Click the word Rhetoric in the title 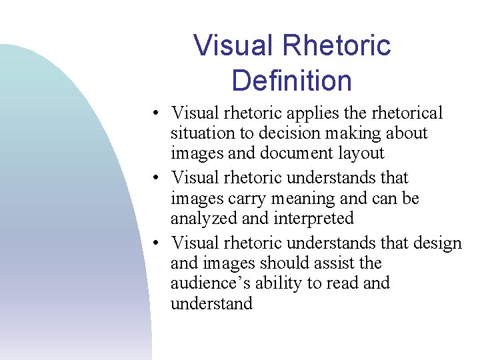pyautogui.click(x=337, y=46)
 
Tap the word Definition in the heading pyautogui.click(x=292, y=81)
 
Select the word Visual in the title pyautogui.click(x=233, y=46)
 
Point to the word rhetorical pyautogui.click(x=405, y=113)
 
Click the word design pyautogui.click(x=437, y=243)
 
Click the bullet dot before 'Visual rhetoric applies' pyautogui.click(x=155, y=114)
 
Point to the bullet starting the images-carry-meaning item pyautogui.click(x=155, y=179)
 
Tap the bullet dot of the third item pyautogui.click(x=155, y=243)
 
